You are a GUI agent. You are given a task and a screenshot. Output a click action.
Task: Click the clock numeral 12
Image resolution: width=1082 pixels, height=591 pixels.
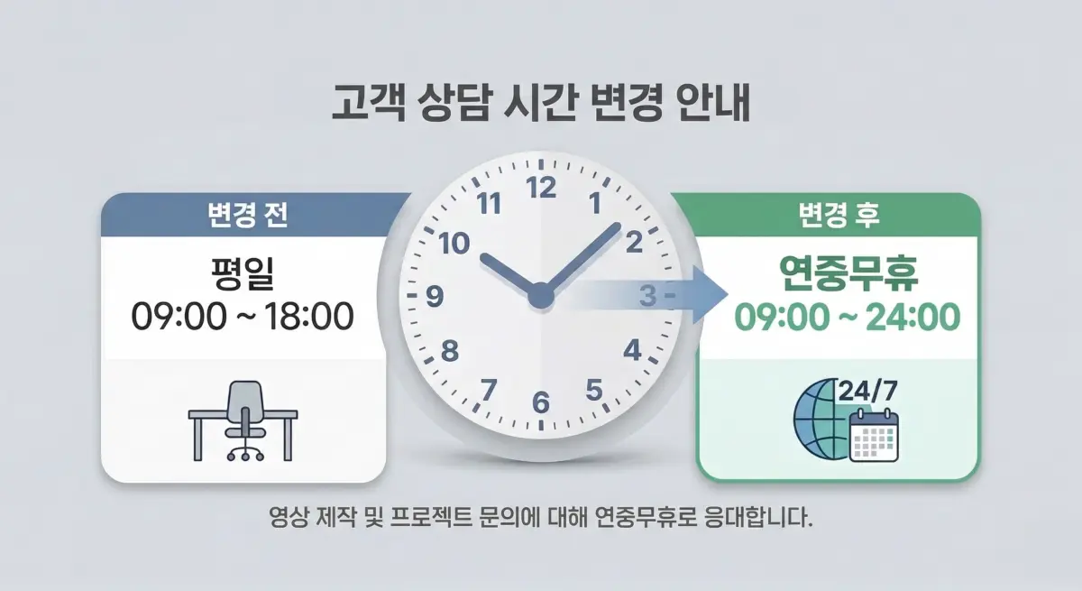[x=541, y=189]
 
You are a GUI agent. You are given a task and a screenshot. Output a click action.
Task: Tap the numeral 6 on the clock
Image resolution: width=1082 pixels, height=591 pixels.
[x=541, y=402]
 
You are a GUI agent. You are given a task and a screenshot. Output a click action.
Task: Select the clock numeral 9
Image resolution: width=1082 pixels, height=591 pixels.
[x=434, y=296]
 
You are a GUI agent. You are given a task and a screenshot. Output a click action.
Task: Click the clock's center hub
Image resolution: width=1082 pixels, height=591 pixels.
[x=540, y=295]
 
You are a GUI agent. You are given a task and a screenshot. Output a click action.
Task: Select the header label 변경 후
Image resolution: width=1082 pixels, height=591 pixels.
[x=839, y=216]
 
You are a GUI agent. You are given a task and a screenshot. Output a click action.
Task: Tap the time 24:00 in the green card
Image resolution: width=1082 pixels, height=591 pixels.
[x=912, y=317]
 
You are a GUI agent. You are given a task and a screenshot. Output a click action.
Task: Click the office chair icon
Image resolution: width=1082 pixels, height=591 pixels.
[x=244, y=420]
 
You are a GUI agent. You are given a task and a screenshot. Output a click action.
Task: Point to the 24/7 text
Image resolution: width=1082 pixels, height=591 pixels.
[x=868, y=392]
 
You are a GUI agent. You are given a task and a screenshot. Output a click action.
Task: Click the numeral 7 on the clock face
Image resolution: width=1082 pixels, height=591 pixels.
[x=488, y=390]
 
